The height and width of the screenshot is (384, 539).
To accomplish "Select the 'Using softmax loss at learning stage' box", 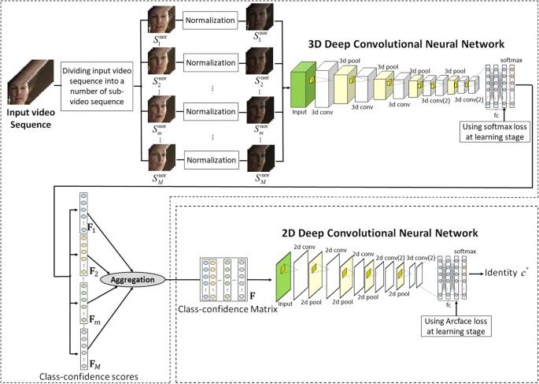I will pyautogui.click(x=495, y=129).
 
